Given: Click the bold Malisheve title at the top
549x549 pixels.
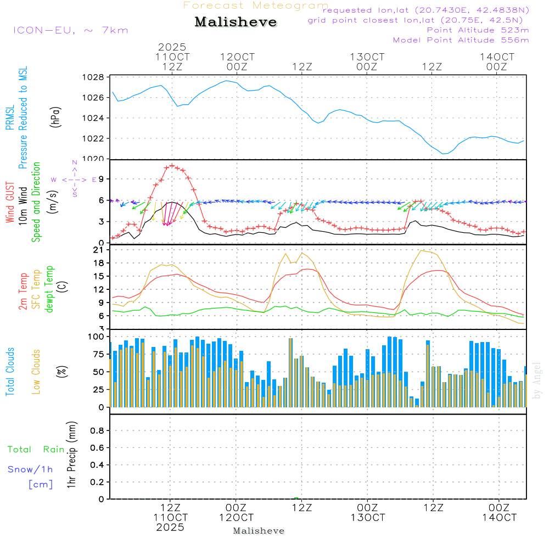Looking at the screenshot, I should (236, 22).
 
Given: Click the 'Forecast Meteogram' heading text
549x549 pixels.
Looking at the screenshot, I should (256, 5).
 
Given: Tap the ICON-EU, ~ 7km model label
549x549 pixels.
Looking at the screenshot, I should (70, 30).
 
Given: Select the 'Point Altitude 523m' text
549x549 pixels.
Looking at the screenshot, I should (478, 30).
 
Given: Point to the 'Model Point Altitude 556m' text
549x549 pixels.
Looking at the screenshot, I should (461, 40).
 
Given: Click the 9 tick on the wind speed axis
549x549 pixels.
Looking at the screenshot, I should (100, 179).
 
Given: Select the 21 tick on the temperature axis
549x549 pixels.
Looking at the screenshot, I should (99, 250).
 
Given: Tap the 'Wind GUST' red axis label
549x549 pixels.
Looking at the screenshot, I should (10, 203).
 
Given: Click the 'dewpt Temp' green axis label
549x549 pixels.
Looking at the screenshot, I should (50, 289).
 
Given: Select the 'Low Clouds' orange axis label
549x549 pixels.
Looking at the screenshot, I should (37, 371).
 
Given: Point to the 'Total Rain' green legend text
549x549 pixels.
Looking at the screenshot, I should (36, 450).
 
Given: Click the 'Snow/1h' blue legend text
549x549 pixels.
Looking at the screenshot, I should (30, 469).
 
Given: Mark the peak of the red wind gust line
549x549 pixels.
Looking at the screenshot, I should (172, 165).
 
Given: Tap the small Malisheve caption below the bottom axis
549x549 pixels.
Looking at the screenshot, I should (259, 531).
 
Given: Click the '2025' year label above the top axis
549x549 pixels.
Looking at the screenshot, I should (172, 47).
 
